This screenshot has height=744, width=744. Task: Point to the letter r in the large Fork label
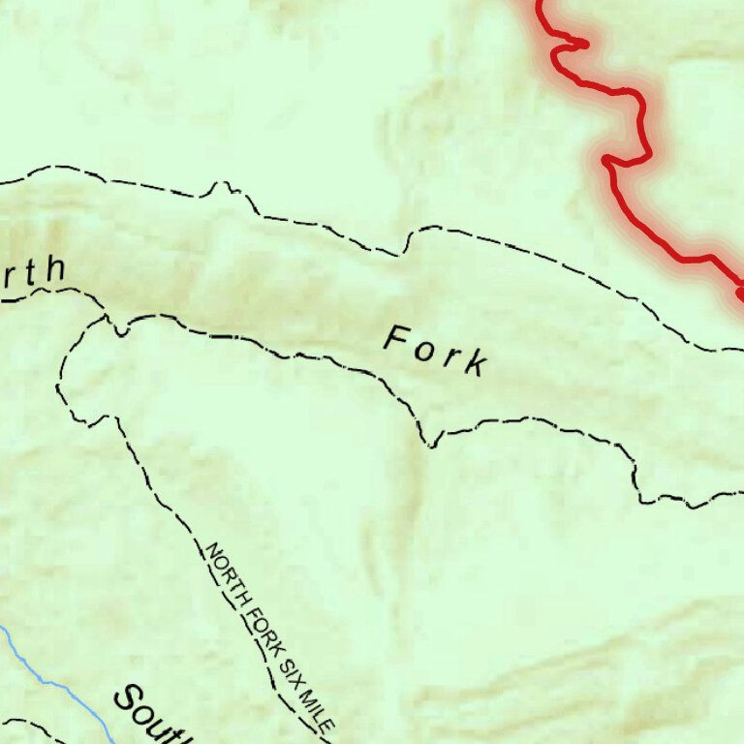[448, 356]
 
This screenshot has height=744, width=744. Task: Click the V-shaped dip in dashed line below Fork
[430, 445]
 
